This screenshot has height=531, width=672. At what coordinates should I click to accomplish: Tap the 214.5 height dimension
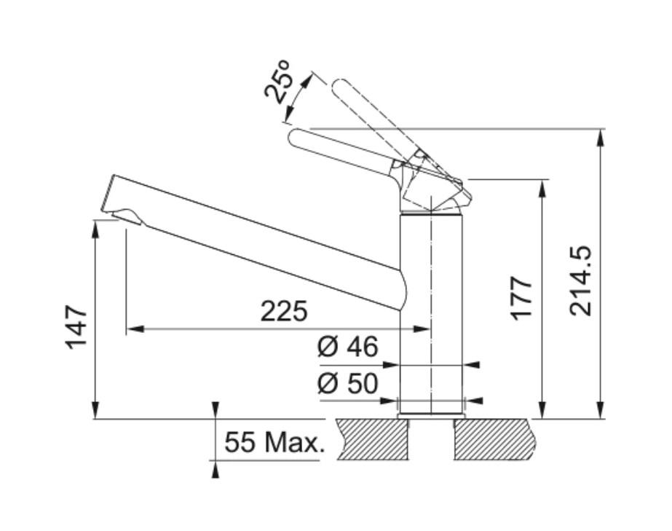(580, 281)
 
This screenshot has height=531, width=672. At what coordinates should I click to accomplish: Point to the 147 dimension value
(76, 326)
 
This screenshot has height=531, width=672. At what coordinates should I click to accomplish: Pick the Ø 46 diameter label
(348, 346)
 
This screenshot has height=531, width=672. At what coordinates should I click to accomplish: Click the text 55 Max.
(274, 442)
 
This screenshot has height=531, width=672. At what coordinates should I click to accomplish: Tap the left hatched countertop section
(372, 439)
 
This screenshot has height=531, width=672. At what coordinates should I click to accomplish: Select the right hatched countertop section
(495, 439)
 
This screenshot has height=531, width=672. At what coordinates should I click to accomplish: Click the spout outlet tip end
(107, 193)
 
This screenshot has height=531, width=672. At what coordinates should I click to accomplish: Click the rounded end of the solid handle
(296, 137)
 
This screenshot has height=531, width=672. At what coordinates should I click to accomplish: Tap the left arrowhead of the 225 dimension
(134, 329)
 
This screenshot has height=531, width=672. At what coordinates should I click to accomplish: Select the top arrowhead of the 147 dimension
(95, 229)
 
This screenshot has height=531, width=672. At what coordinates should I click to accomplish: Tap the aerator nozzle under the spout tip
(127, 216)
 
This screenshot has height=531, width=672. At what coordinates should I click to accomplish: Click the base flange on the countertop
(432, 416)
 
